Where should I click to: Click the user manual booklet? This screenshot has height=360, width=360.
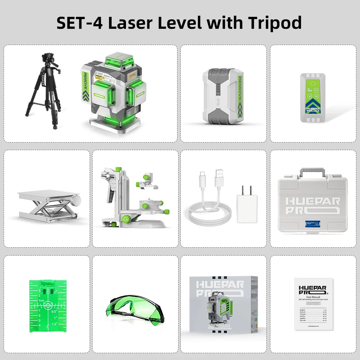coord(312,303)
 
